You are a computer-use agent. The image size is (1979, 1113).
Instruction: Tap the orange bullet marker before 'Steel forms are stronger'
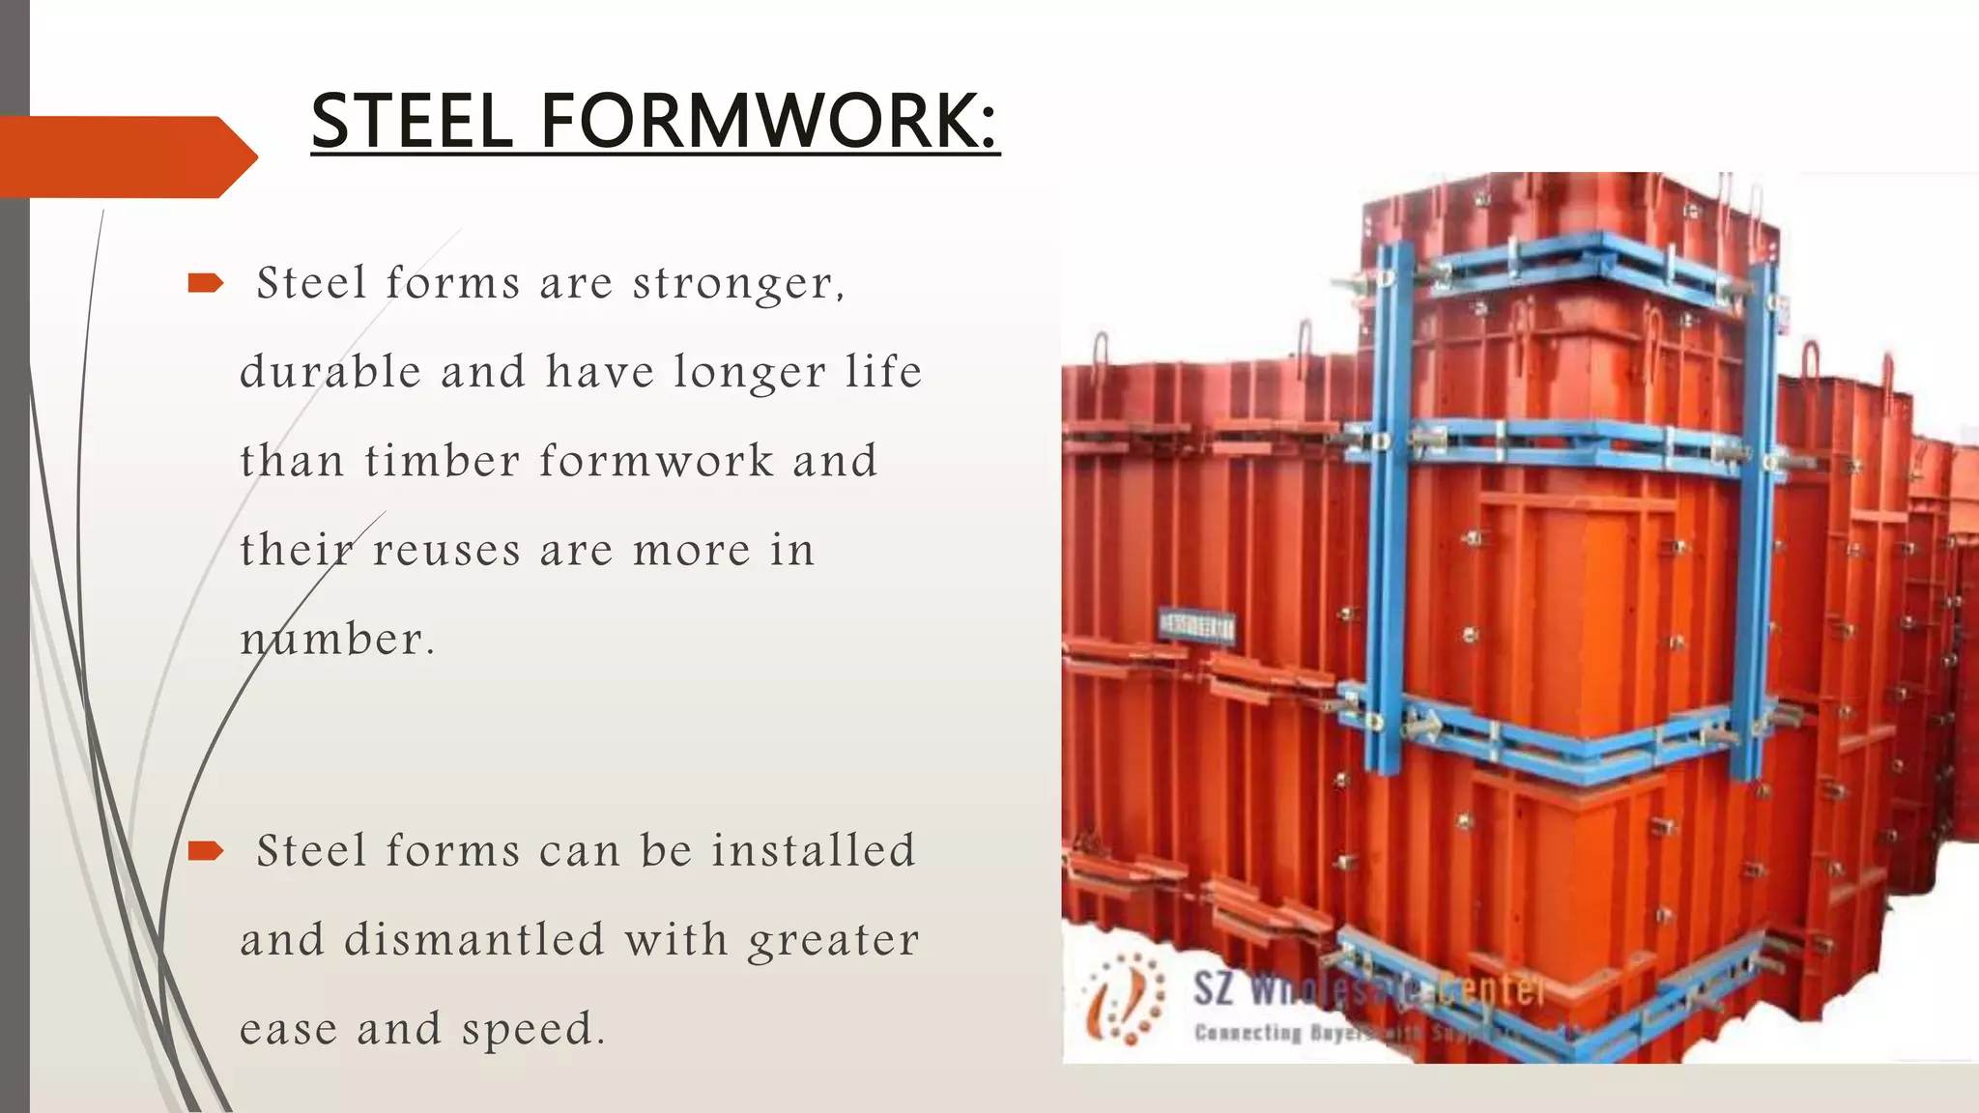pyautogui.click(x=205, y=283)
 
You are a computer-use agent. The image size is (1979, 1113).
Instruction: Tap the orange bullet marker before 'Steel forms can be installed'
pyautogui.click(x=205, y=850)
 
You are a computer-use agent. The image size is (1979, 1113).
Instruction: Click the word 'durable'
pyautogui.click(x=330, y=371)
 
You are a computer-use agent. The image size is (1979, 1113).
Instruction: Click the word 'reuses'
pyautogui.click(x=446, y=551)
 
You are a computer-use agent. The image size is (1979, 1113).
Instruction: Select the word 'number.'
pyautogui.click(x=337, y=640)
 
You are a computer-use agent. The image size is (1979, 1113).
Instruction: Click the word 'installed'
pyautogui.click(x=814, y=850)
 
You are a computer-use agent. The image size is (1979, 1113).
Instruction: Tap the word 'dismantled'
pyautogui.click(x=474, y=939)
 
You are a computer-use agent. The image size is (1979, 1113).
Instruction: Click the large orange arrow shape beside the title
pyautogui.click(x=126, y=157)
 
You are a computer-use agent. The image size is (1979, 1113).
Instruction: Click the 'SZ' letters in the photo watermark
pyautogui.click(x=1214, y=989)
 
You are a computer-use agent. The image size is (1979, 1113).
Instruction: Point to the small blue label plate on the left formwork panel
pyautogui.click(x=1196, y=626)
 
